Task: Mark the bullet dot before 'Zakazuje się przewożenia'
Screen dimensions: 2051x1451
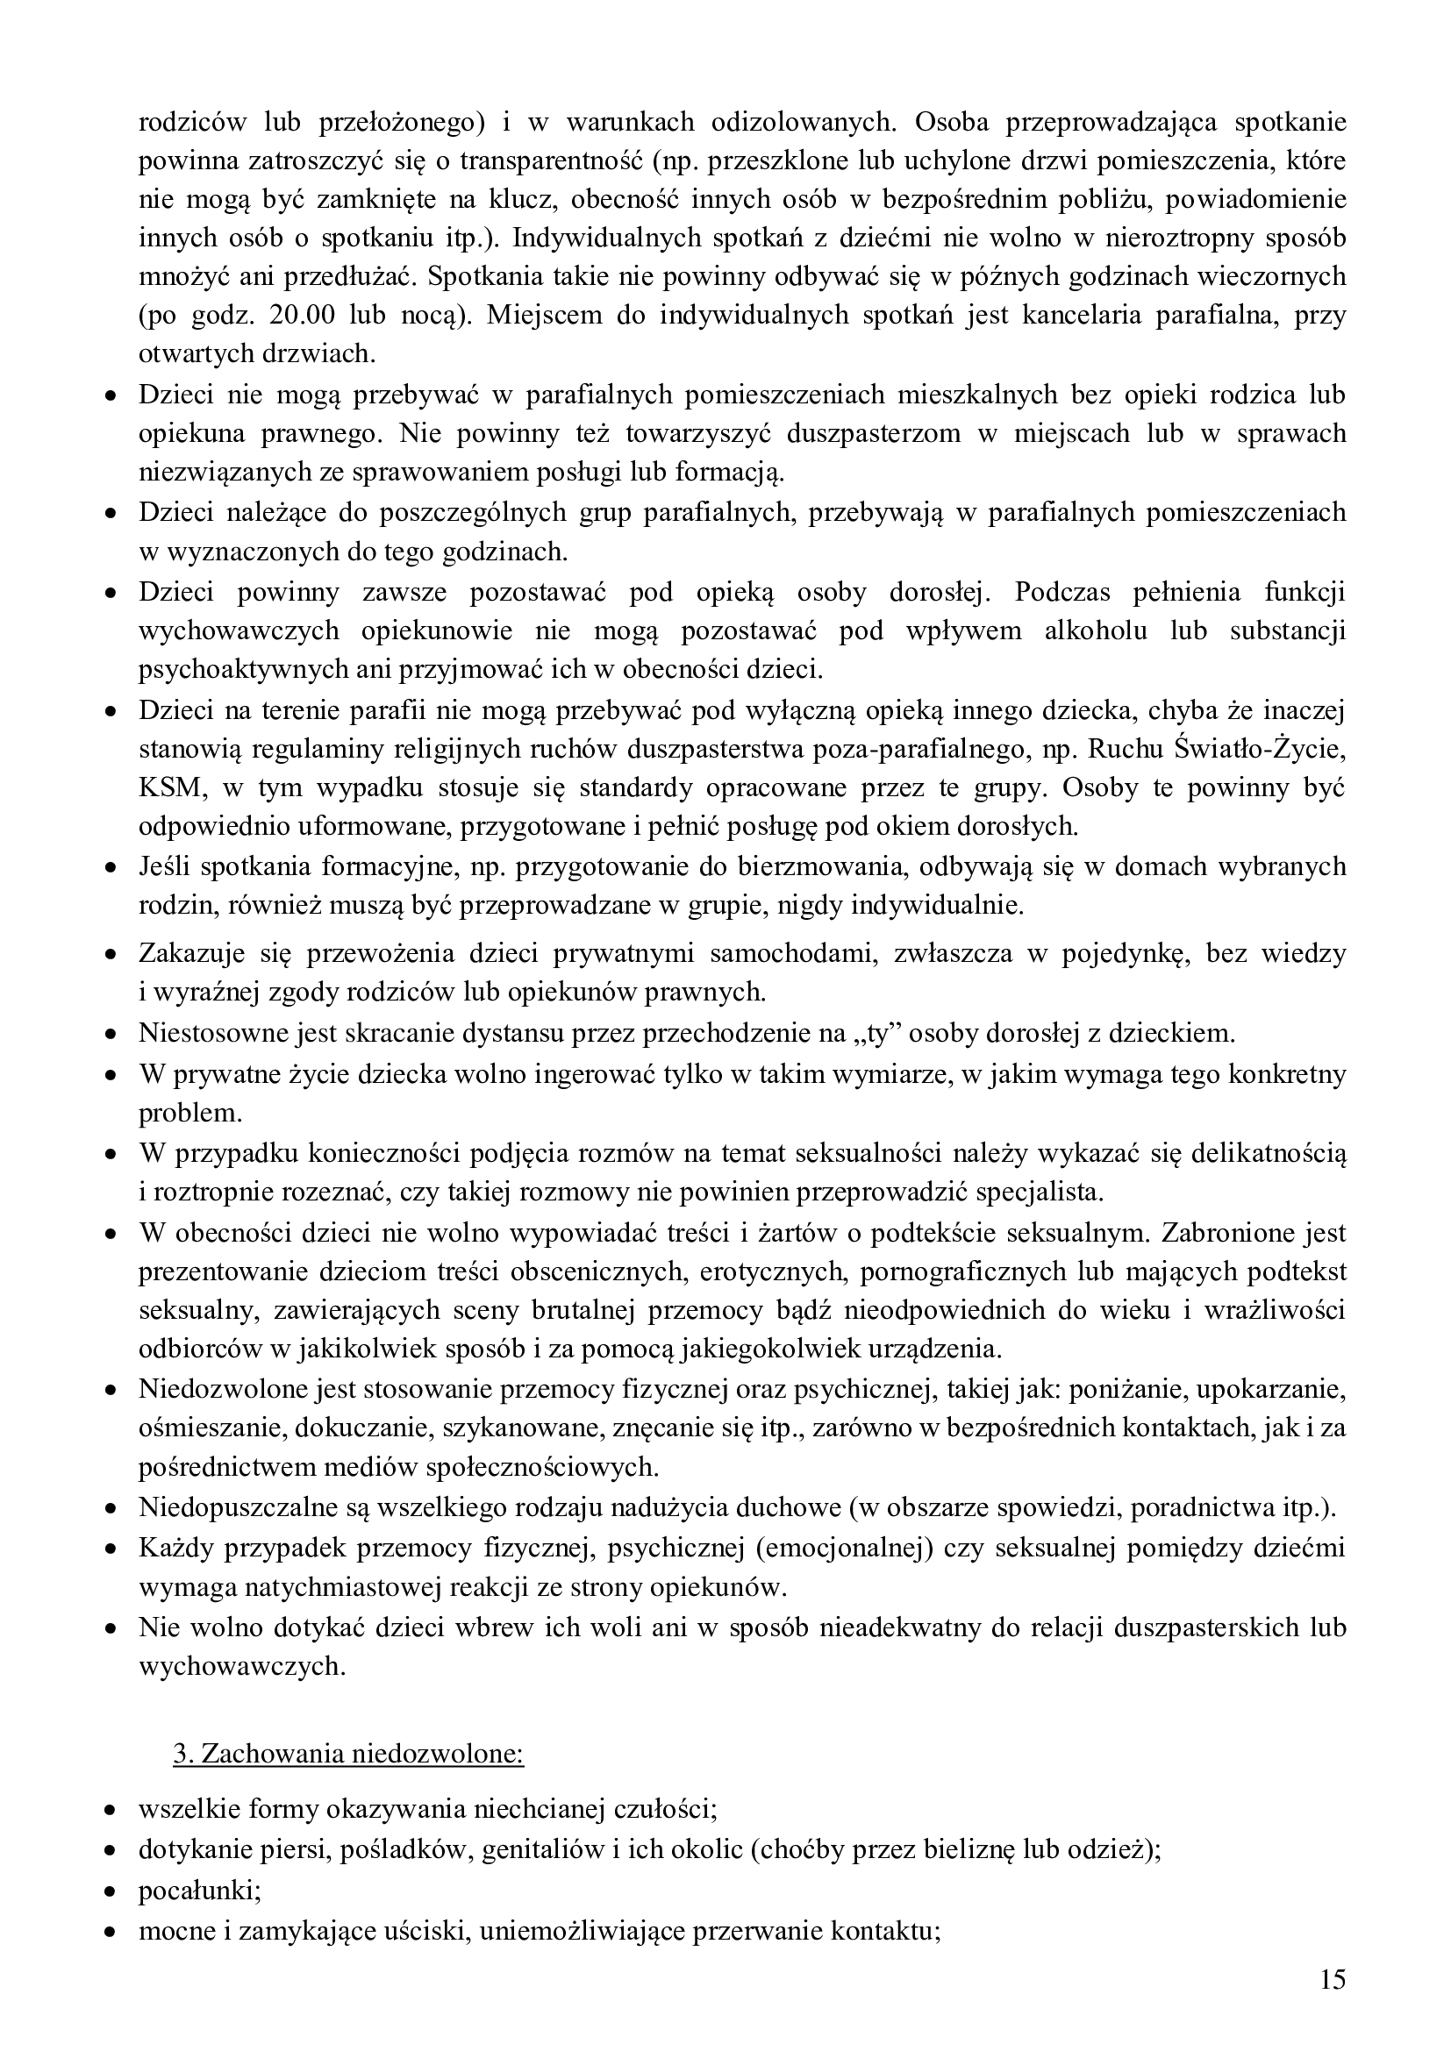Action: point(111,955)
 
